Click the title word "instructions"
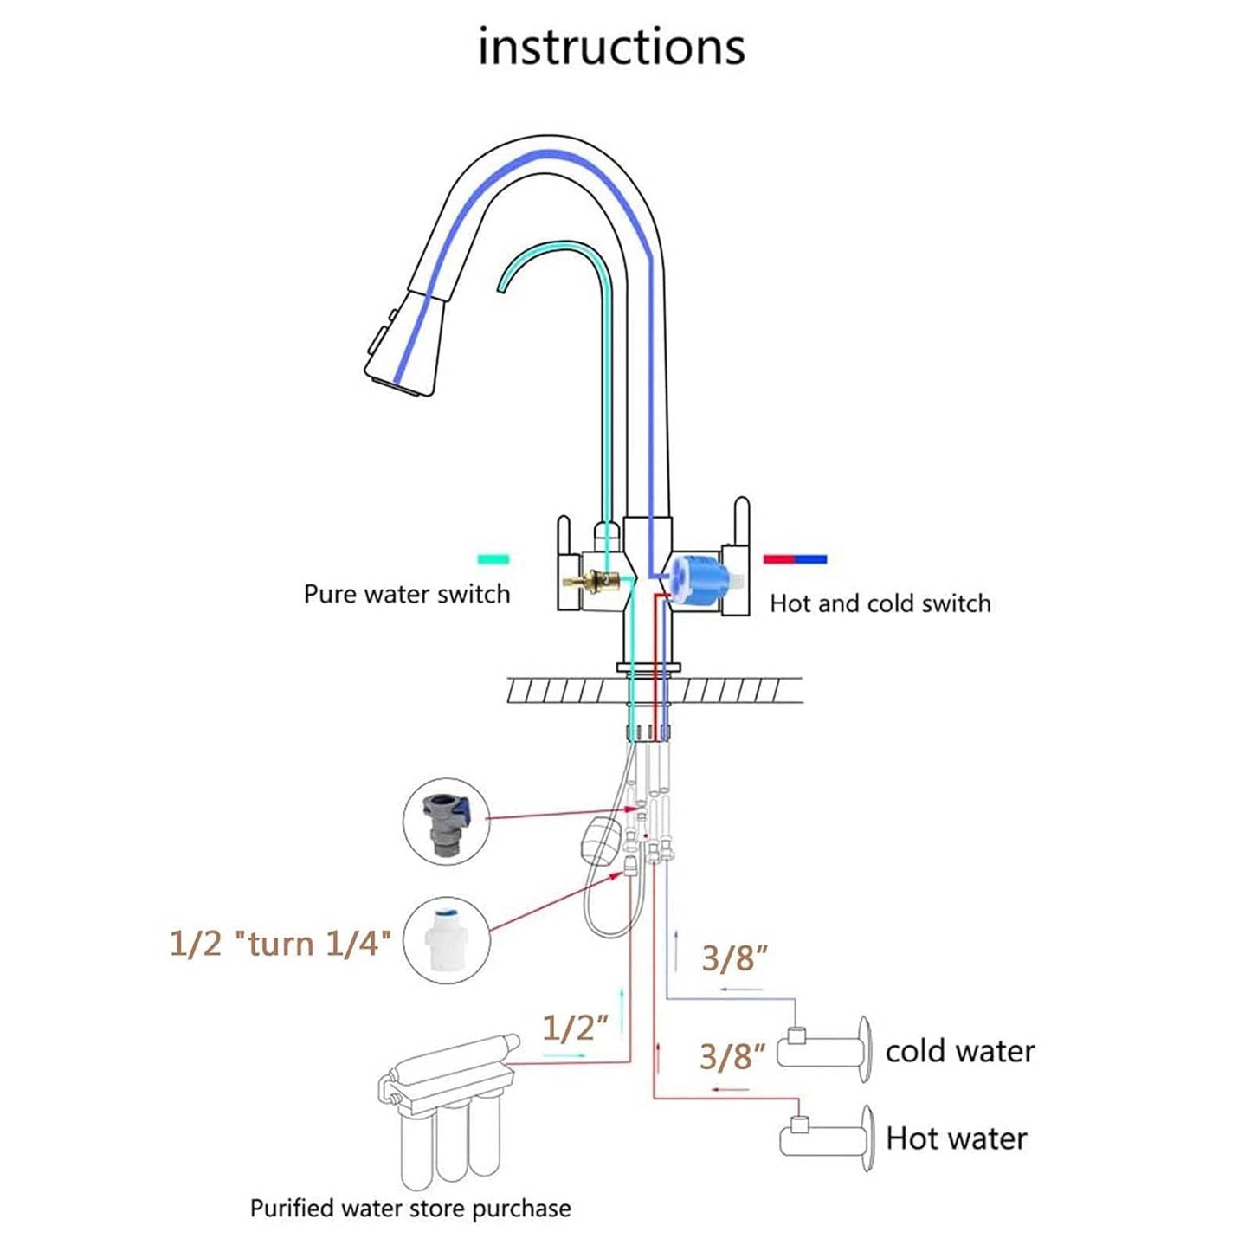[x=611, y=47]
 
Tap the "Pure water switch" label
[x=406, y=594]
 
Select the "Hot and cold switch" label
[x=880, y=603]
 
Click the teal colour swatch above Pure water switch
[x=493, y=559]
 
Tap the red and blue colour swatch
[x=795, y=559]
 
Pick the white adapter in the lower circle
[x=447, y=939]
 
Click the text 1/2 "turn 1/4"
[x=280, y=943]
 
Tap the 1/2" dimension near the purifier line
[x=575, y=1028]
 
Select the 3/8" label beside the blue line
[x=734, y=958]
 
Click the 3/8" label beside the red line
[x=732, y=1056]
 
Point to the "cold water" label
[x=959, y=1051]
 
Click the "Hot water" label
[x=956, y=1138]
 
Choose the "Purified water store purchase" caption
[x=410, y=1208]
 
